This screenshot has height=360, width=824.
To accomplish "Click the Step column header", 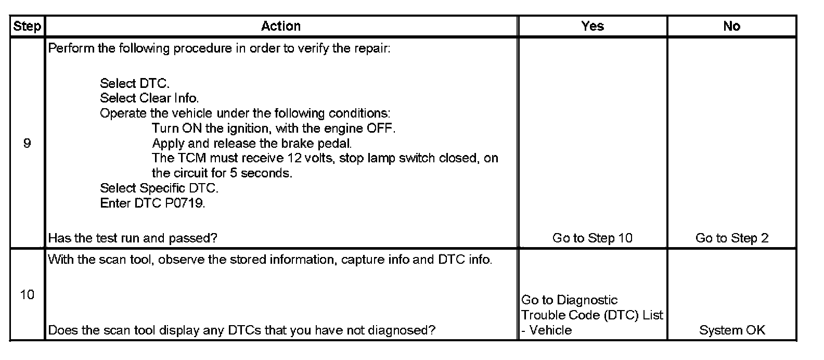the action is [27, 26].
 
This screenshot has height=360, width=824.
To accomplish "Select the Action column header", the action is [281, 26].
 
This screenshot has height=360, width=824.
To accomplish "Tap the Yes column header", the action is [592, 26].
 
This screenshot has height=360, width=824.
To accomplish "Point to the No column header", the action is [732, 26].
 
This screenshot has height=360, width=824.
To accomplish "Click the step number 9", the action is [27, 143].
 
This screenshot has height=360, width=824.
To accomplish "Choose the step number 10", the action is [27, 294].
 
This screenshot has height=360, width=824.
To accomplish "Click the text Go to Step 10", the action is [592, 238].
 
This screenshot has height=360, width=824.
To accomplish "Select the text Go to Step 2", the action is [732, 238].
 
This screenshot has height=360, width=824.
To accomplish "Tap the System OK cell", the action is [732, 330].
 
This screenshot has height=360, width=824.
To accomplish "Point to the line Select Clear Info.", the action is [149, 98].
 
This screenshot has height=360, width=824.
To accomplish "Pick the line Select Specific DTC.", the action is [159, 188].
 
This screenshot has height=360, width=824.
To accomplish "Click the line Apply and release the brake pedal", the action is [252, 143].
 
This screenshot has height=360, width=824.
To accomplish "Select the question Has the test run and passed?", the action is [133, 238].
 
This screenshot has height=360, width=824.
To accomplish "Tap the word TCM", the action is [191, 158].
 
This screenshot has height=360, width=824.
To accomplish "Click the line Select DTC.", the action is [135, 83].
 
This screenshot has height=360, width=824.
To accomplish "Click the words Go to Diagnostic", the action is [570, 300].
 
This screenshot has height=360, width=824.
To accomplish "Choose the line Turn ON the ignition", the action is [274, 128].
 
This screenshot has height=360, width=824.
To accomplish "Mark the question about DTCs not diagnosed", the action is [242, 330].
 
